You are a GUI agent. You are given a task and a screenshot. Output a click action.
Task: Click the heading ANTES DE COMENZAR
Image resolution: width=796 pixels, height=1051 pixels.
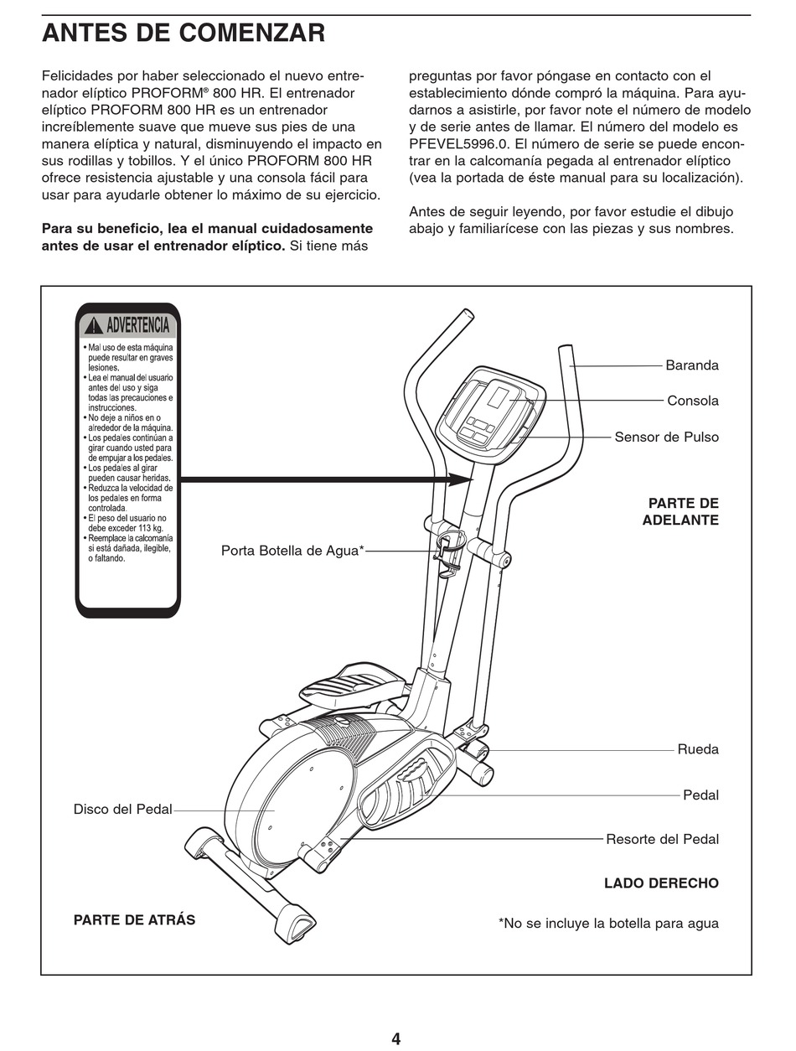click(183, 34)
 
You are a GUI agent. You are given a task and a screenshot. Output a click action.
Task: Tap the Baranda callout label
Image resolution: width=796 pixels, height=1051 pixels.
click(691, 365)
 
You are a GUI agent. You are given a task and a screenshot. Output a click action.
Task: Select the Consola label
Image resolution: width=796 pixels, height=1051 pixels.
click(692, 401)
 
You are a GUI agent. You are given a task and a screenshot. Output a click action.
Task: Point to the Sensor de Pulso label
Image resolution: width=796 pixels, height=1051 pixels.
click(666, 437)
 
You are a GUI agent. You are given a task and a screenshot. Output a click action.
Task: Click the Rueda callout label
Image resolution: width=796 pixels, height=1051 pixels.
click(697, 749)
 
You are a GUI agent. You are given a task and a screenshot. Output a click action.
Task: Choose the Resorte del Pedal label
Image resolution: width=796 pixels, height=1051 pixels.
click(662, 839)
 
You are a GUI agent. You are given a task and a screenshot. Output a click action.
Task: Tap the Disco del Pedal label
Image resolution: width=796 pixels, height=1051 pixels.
click(122, 810)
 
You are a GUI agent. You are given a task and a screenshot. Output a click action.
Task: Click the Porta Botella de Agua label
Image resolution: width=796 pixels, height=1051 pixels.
click(292, 551)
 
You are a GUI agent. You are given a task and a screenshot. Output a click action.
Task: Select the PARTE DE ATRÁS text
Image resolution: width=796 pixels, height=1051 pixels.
click(134, 920)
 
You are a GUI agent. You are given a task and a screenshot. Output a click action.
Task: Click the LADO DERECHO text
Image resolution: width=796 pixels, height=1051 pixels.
click(661, 883)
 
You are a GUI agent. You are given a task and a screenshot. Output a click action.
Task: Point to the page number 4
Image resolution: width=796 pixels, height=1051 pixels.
click(395, 1039)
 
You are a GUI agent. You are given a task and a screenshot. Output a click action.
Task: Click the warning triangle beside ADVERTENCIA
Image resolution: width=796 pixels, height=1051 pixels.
click(93, 326)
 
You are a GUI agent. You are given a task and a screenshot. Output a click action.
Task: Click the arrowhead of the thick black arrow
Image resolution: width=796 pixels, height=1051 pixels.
click(459, 479)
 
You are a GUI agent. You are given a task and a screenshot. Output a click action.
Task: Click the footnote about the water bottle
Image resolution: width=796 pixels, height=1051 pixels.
click(608, 924)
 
